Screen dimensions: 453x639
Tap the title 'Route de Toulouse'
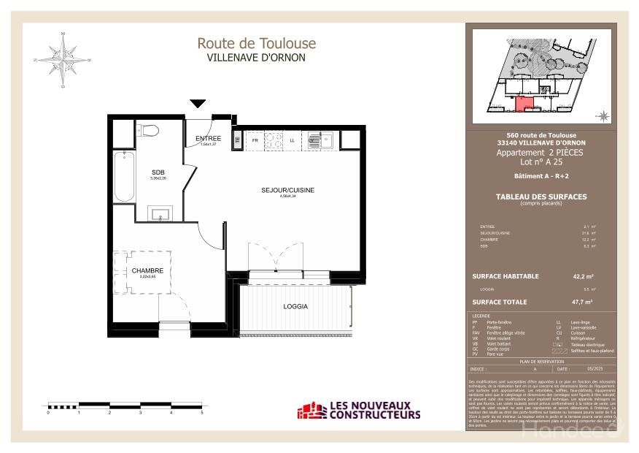pos(256,44)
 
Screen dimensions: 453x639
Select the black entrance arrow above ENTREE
pos(198,104)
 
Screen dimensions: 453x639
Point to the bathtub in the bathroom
pos(123,176)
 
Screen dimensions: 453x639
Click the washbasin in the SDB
pos(159,213)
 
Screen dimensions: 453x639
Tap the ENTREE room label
pos(209,139)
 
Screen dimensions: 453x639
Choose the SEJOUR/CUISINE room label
pos(287,190)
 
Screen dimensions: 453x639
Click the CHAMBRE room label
pos(147,271)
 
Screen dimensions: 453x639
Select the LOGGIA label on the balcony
pos(295,306)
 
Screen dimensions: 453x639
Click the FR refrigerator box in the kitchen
pos(255,140)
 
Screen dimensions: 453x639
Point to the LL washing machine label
pos(293,140)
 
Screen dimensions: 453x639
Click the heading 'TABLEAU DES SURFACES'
pos(541,197)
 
